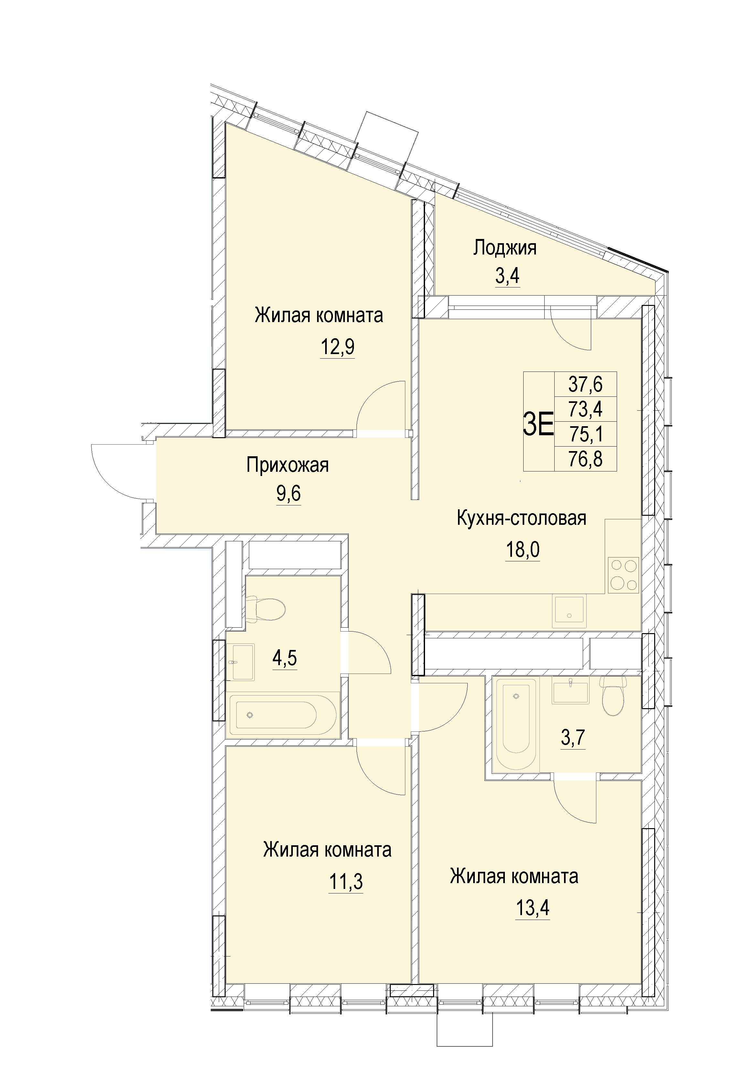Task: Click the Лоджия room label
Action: point(505,248)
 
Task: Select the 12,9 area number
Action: point(337,347)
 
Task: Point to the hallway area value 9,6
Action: point(288,493)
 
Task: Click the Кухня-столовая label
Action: point(521,518)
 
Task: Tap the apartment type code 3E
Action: point(538,424)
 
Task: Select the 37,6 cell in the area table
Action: point(586,384)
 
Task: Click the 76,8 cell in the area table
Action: point(586,459)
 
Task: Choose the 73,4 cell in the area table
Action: point(586,409)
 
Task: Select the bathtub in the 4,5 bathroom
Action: point(283,714)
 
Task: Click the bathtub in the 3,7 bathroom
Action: point(516,724)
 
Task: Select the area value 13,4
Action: point(532,907)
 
